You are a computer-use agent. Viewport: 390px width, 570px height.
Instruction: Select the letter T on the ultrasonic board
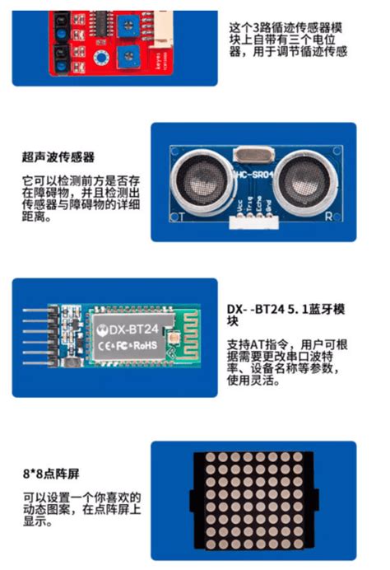click(176, 216)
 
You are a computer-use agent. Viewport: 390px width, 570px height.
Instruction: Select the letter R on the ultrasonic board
click(327, 216)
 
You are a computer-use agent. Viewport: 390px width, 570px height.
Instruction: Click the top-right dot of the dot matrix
click(308, 458)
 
